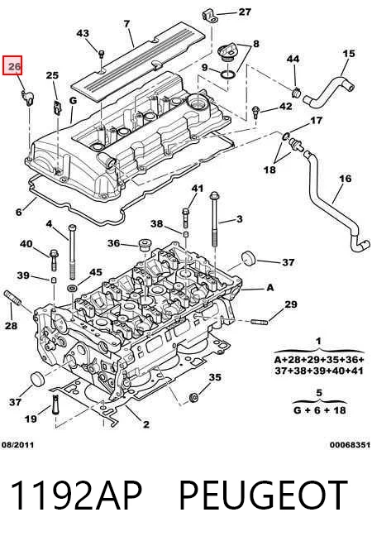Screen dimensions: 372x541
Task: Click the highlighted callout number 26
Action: coord(12,65)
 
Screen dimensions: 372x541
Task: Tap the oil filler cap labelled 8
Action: coord(227,52)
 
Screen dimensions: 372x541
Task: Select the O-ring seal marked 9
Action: coord(228,74)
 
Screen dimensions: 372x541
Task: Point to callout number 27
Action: coord(245,12)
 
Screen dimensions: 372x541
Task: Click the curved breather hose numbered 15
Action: coord(328,90)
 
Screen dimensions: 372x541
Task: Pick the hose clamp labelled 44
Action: coord(296,93)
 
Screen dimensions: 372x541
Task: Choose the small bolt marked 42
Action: coord(255,113)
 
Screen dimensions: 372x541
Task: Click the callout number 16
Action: coord(345,179)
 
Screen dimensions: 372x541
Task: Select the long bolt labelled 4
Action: coord(72,252)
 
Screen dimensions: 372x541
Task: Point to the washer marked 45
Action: coord(72,287)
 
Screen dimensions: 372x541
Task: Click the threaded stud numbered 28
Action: coord(12,298)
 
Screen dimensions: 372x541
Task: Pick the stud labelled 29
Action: coord(260,323)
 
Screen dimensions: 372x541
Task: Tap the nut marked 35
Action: coord(193,397)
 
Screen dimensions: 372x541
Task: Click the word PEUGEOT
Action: coord(263,496)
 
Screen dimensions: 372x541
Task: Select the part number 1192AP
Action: coord(76,496)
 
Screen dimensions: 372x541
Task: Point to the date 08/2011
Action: coord(17,445)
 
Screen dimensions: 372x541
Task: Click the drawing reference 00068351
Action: coord(350,445)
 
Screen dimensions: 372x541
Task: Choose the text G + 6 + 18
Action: coord(319,410)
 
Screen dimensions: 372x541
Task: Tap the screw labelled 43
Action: coord(102,55)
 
